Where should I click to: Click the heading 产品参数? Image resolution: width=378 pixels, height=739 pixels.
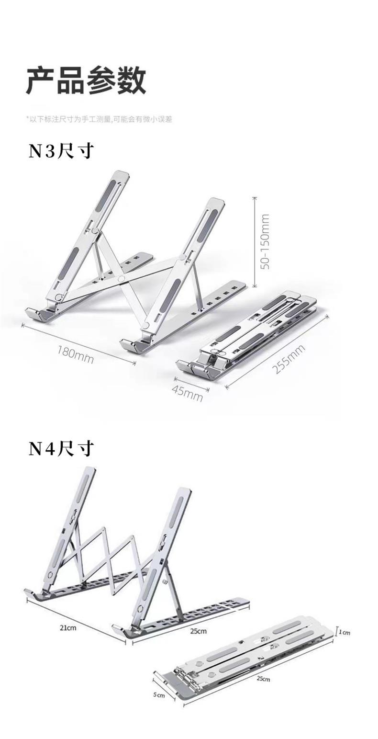click(86, 80)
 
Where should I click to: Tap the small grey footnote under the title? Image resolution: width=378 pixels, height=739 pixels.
click(99, 119)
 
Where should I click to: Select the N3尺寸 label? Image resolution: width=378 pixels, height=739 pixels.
click(61, 151)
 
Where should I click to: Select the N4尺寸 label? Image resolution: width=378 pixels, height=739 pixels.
click(61, 449)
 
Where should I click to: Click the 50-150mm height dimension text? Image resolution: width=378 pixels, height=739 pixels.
click(266, 241)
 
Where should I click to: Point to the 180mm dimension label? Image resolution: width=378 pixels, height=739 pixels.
click(75, 353)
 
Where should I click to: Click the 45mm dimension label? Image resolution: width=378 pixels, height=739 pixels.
click(187, 394)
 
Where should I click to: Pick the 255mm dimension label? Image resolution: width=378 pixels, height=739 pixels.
click(289, 359)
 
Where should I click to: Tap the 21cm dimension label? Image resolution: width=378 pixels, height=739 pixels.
click(67, 628)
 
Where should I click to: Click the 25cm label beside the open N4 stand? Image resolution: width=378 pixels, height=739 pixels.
click(198, 631)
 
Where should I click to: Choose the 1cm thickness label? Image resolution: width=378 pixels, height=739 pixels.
click(345, 632)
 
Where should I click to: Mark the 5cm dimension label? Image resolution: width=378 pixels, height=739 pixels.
click(159, 695)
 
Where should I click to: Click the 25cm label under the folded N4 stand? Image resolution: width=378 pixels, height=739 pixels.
click(263, 679)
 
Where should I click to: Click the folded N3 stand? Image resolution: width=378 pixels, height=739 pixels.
click(246, 335)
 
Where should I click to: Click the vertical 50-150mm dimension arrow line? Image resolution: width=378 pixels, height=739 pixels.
click(255, 241)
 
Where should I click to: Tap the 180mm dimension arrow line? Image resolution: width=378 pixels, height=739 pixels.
click(78, 344)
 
